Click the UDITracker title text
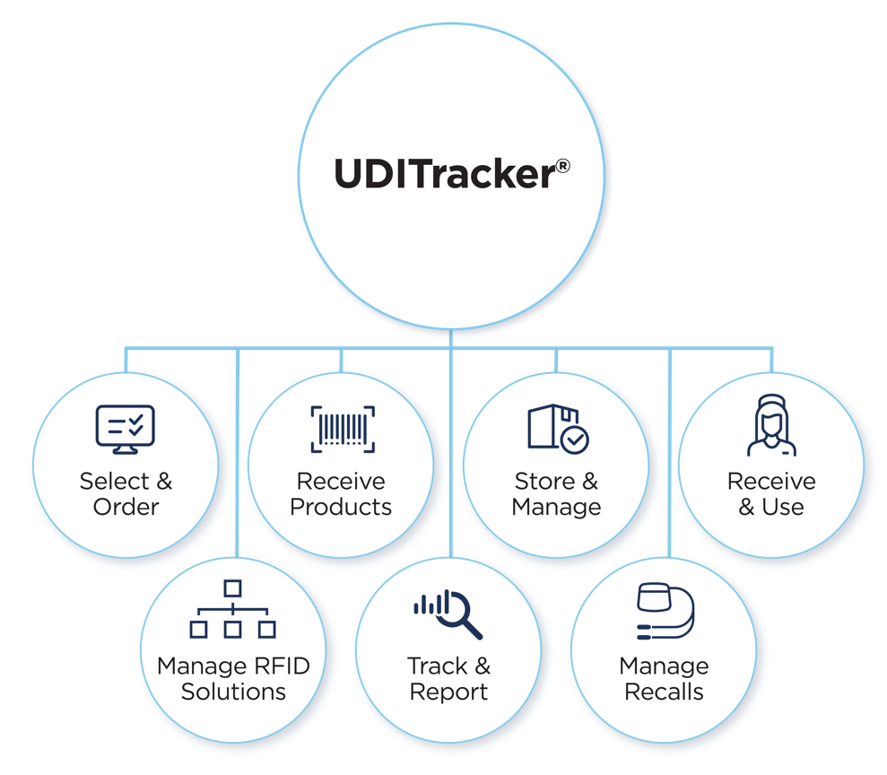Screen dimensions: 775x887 pyautogui.click(x=443, y=173)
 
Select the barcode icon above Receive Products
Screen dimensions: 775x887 pyautogui.click(x=342, y=429)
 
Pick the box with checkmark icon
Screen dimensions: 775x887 pyautogui.click(x=557, y=429)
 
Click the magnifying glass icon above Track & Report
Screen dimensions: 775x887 pyautogui.click(x=448, y=614)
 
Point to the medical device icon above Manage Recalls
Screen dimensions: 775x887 pyautogui.click(x=665, y=613)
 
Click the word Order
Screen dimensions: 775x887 pyautogui.click(x=126, y=507)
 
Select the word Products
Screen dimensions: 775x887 pyautogui.click(x=341, y=507)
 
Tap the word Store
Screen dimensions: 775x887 pyautogui.click(x=544, y=482)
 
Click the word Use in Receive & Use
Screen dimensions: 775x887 pyautogui.click(x=783, y=507)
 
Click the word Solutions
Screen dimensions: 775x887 pyautogui.click(x=233, y=692)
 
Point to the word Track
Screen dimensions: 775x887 pyautogui.click(x=437, y=666)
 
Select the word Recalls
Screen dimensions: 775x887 pyautogui.click(x=664, y=692)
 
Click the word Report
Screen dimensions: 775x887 pyautogui.click(x=448, y=692)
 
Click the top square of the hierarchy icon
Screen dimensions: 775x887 pyautogui.click(x=233, y=588)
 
